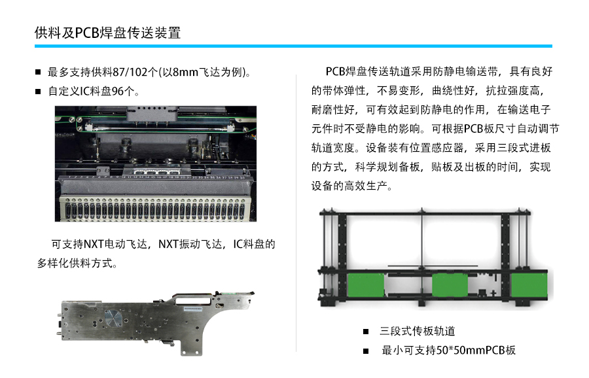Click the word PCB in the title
pyautogui.click(x=87, y=33)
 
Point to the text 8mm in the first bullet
pyautogui.click(x=185, y=72)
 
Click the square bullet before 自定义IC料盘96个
pyautogui.click(x=38, y=92)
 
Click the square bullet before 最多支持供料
pyautogui.click(x=38, y=72)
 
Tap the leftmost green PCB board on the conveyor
pyautogui.click(x=366, y=285)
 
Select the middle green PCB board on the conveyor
pyautogui.click(x=450, y=285)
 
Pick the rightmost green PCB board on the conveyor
pyautogui.click(x=529, y=285)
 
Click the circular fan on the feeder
pyautogui.click(x=113, y=318)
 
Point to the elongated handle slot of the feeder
pyautogui.click(x=193, y=300)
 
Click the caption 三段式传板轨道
pyautogui.click(x=418, y=331)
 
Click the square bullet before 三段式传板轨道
pyautogui.click(x=366, y=332)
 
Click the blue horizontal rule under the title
pyautogui.click(x=293, y=46)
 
